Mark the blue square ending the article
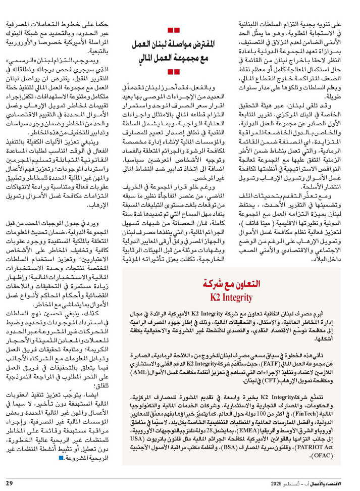(61, 458)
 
